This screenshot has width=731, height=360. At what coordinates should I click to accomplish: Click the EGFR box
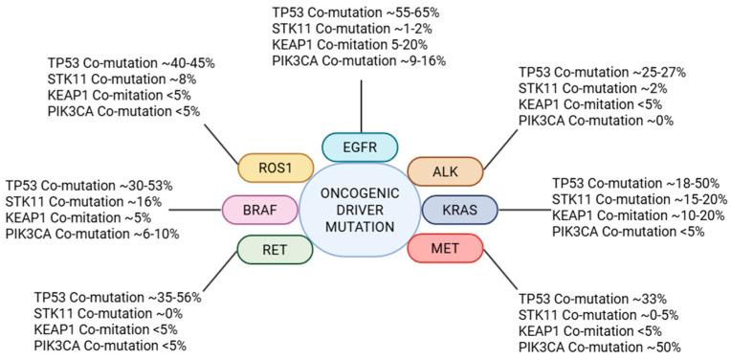[360, 147]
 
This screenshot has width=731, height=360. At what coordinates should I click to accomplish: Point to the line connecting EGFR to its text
[361, 106]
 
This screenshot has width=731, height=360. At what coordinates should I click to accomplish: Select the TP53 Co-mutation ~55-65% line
[360, 11]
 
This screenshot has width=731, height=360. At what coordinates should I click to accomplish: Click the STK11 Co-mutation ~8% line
[125, 78]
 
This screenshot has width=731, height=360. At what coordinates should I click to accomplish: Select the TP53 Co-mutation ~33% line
[593, 297]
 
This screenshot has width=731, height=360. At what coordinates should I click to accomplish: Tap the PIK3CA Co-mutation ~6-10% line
[92, 234]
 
